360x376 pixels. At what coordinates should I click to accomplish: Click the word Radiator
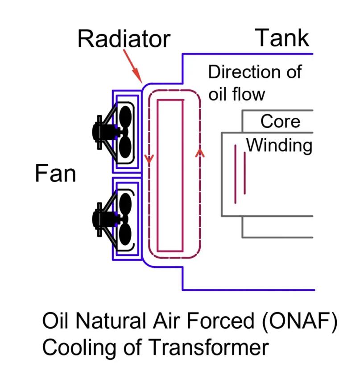click(x=124, y=39)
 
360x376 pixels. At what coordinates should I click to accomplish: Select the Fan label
click(x=55, y=173)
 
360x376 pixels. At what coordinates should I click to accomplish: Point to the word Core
click(x=280, y=121)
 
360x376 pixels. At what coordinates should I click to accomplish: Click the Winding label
click(x=280, y=145)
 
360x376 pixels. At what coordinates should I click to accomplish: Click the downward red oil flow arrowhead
click(x=149, y=159)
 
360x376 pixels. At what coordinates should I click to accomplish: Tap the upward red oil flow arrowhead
click(x=200, y=153)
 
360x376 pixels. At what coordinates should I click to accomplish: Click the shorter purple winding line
click(x=244, y=173)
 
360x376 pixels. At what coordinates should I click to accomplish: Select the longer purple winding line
click(x=235, y=174)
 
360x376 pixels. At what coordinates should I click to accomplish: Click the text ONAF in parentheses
click(x=300, y=321)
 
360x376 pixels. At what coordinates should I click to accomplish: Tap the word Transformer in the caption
click(x=208, y=347)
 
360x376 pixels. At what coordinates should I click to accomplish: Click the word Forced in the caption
click(x=220, y=321)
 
